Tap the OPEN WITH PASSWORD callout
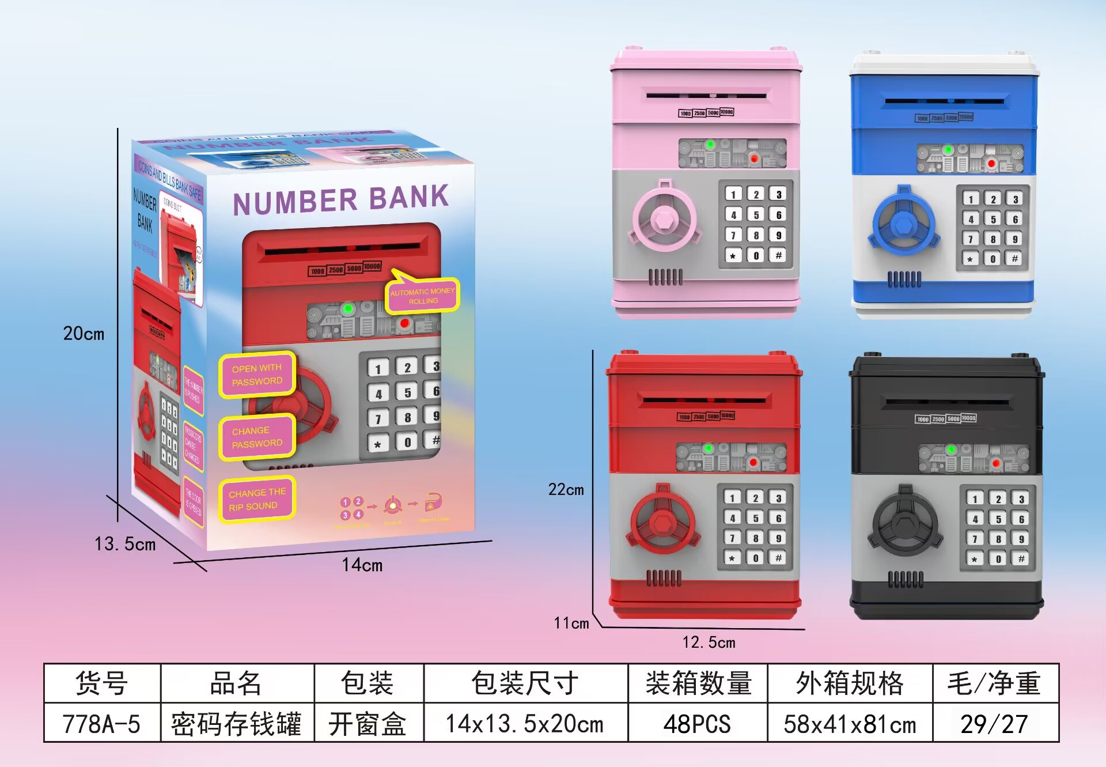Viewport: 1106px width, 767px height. [257, 375]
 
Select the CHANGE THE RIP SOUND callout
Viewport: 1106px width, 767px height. [257, 499]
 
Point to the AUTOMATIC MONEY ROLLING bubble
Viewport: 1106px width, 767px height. [423, 296]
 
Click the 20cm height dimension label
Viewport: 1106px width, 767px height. [84, 334]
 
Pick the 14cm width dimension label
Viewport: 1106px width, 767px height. [362, 565]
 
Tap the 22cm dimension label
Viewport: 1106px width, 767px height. [566, 490]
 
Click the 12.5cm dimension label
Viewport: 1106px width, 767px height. [709, 643]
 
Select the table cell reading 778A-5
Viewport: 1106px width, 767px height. [101, 724]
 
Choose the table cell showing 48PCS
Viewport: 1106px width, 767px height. [697, 724]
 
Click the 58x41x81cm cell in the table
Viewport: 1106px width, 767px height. [850, 724]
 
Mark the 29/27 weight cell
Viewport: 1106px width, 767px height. [994, 724]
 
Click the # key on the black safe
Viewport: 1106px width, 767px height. [1021, 559]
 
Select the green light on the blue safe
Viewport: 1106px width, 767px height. [948, 150]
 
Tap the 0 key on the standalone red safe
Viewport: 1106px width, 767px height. [755, 558]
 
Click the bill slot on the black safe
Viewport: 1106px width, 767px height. [946, 402]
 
